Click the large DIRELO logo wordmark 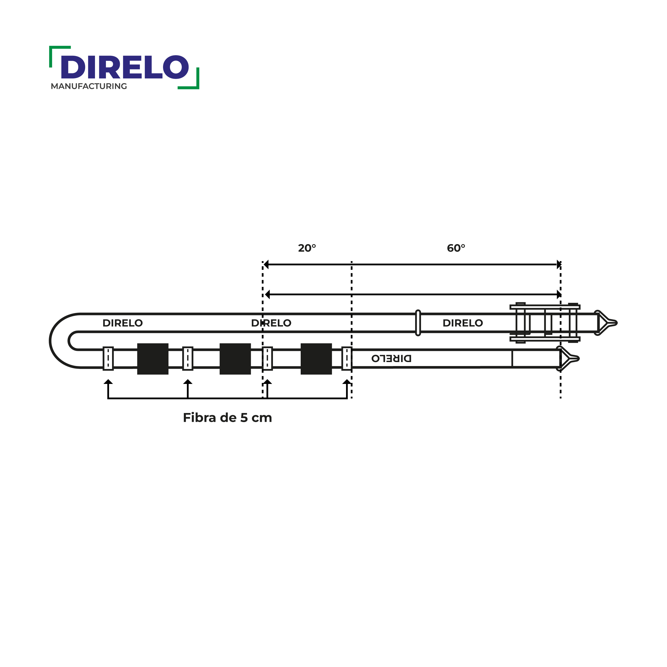(125, 67)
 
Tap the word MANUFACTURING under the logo (89, 86)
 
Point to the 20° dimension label (307, 248)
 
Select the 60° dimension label (456, 248)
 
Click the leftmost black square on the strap (153, 359)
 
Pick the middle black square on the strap (235, 359)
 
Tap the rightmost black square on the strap (316, 359)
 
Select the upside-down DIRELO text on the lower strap (391, 358)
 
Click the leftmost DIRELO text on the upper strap (122, 323)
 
